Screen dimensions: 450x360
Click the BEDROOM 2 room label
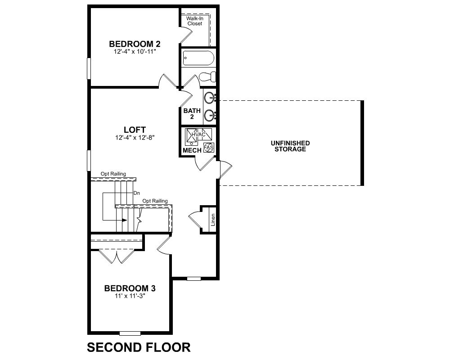(x=135, y=44)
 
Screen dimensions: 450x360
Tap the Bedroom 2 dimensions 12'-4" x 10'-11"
(x=135, y=52)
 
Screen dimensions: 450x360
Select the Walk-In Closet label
(x=195, y=21)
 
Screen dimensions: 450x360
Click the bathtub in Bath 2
(x=198, y=58)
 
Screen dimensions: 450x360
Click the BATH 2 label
(x=192, y=113)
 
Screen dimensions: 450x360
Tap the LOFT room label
(x=135, y=130)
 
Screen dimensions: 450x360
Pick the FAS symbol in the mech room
(x=209, y=148)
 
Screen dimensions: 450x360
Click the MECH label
(x=192, y=150)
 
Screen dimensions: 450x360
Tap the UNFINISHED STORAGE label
(x=290, y=146)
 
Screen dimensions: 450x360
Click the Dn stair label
(x=137, y=193)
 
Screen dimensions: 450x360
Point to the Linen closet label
(x=213, y=220)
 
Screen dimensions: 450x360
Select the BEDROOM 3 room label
(x=130, y=288)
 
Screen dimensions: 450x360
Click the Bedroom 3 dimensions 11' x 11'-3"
(x=130, y=296)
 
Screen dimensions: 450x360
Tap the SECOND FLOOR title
(x=139, y=347)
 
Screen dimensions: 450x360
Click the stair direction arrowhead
(x=125, y=220)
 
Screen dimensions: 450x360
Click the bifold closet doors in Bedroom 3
(x=117, y=256)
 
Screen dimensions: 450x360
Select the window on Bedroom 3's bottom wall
(x=130, y=333)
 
